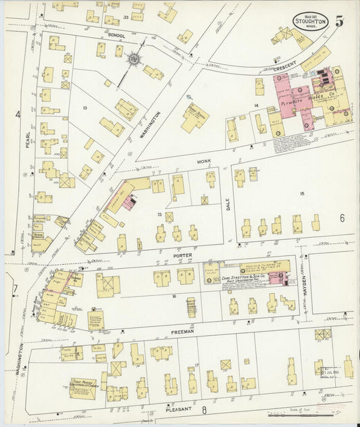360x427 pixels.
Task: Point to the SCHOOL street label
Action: click(116, 35)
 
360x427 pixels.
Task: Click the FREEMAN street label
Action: click(182, 332)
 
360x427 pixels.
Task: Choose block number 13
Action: click(85, 108)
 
